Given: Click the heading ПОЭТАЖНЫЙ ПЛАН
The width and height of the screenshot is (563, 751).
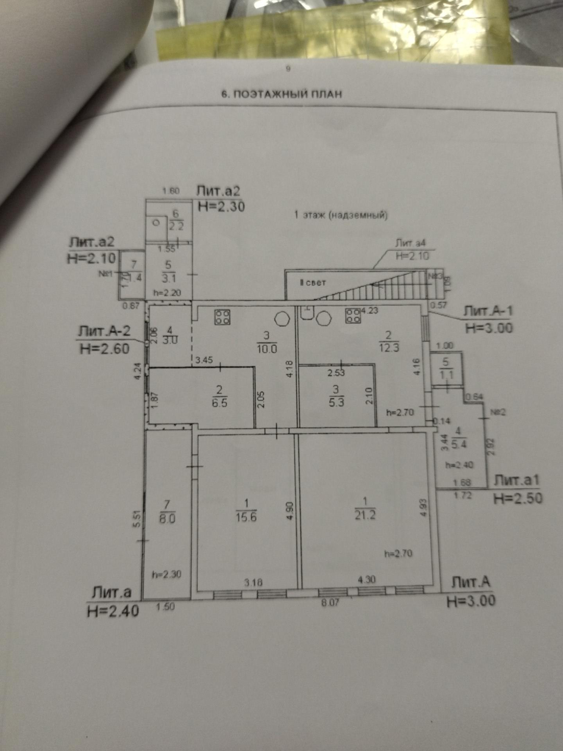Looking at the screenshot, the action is [281, 94].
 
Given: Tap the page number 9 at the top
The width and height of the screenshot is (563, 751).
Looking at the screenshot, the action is [288, 68].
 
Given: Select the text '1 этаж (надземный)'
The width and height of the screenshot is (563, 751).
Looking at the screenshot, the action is [341, 215].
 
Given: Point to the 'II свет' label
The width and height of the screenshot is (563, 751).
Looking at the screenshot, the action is [312, 283].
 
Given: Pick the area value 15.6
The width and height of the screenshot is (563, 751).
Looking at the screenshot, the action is [246, 517].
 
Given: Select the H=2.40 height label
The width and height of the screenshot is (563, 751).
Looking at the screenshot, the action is [113, 611].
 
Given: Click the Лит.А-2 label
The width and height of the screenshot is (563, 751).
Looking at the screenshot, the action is [104, 331].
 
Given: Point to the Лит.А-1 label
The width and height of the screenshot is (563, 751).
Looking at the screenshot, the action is [488, 311].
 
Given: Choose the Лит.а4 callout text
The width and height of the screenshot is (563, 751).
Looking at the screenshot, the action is [410, 243].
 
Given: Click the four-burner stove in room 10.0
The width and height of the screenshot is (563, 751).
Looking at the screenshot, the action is [223, 317].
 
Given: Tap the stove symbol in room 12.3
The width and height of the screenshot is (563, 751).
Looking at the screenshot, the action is [353, 315].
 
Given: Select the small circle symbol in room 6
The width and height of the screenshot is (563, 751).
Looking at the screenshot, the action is [156, 222].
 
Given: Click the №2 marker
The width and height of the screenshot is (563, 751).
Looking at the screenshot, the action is [498, 412].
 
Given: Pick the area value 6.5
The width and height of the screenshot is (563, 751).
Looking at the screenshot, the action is [219, 403].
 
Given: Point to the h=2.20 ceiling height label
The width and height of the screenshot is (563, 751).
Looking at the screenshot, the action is [167, 293].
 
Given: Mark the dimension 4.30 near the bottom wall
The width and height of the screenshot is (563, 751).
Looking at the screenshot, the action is [367, 579].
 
